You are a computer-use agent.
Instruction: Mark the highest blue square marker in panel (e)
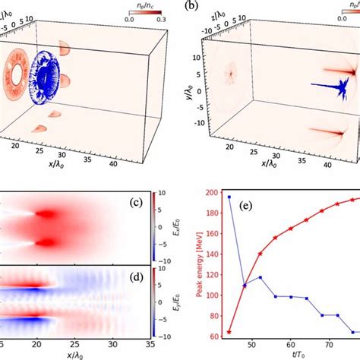pyautogui.click(x=229, y=197)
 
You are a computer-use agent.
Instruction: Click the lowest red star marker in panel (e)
pyautogui.click(x=229, y=332)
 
